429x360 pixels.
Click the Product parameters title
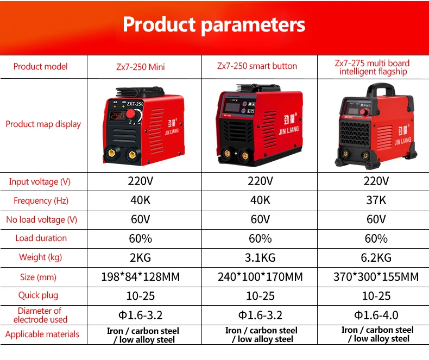click(214, 25)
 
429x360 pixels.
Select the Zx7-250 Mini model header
click(141, 67)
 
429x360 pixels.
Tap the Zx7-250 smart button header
click(257, 66)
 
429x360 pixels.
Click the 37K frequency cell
click(376, 200)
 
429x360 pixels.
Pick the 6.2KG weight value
click(376, 258)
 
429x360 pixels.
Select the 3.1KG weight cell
click(260, 258)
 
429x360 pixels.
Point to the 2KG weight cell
click(140, 258)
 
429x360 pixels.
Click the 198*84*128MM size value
click(141, 277)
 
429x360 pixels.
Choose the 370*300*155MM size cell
click(376, 277)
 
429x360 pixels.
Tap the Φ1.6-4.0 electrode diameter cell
click(376, 315)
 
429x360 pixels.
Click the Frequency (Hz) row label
click(41, 201)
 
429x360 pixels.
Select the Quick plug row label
click(39, 295)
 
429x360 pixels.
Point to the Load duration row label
click(41, 238)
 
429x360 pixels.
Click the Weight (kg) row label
click(41, 257)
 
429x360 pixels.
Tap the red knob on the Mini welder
click(131, 115)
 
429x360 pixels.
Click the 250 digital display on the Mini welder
click(118, 116)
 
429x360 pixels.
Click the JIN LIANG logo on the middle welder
click(289, 125)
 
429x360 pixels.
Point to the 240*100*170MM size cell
click(260, 277)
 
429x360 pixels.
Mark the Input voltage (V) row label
click(40, 182)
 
